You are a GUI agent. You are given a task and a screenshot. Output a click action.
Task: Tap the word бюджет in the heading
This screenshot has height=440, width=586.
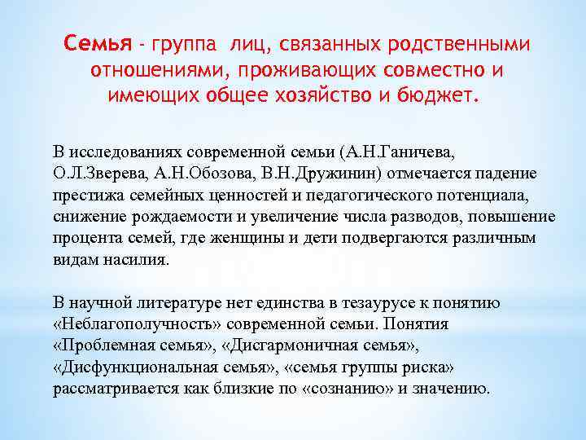pyautogui.click(x=439, y=98)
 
